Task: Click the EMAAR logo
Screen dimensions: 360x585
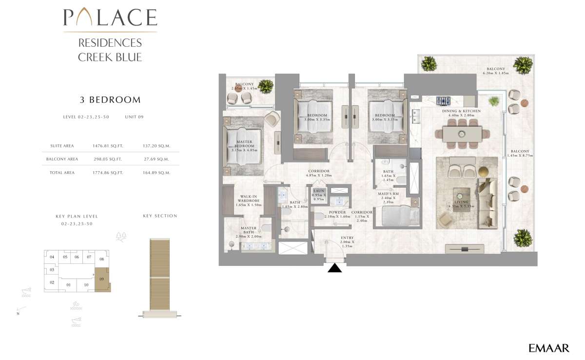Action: [548, 348]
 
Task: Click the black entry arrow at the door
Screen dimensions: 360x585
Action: [335, 268]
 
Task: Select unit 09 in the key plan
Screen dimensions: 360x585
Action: [102, 280]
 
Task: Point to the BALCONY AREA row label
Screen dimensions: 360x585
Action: [62, 159]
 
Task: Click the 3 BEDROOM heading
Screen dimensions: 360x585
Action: [110, 100]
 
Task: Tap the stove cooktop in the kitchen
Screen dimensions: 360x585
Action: [443, 101]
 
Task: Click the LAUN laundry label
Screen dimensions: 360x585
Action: [319, 193]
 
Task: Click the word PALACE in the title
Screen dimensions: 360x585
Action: [110, 18]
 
